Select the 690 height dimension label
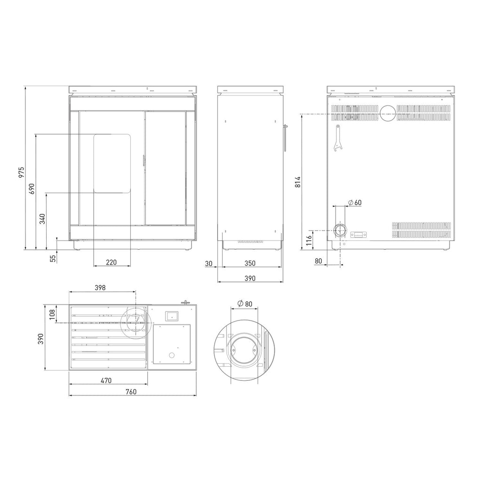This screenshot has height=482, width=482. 32,189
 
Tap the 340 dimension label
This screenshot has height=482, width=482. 42,219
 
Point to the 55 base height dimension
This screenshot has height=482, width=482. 53,258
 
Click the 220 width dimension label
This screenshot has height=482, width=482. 111,262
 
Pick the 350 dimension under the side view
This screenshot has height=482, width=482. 250,263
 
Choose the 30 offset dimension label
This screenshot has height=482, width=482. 209,264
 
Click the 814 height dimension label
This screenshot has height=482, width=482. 297,182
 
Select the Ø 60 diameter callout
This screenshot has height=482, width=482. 355,202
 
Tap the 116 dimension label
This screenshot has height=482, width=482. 309,239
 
